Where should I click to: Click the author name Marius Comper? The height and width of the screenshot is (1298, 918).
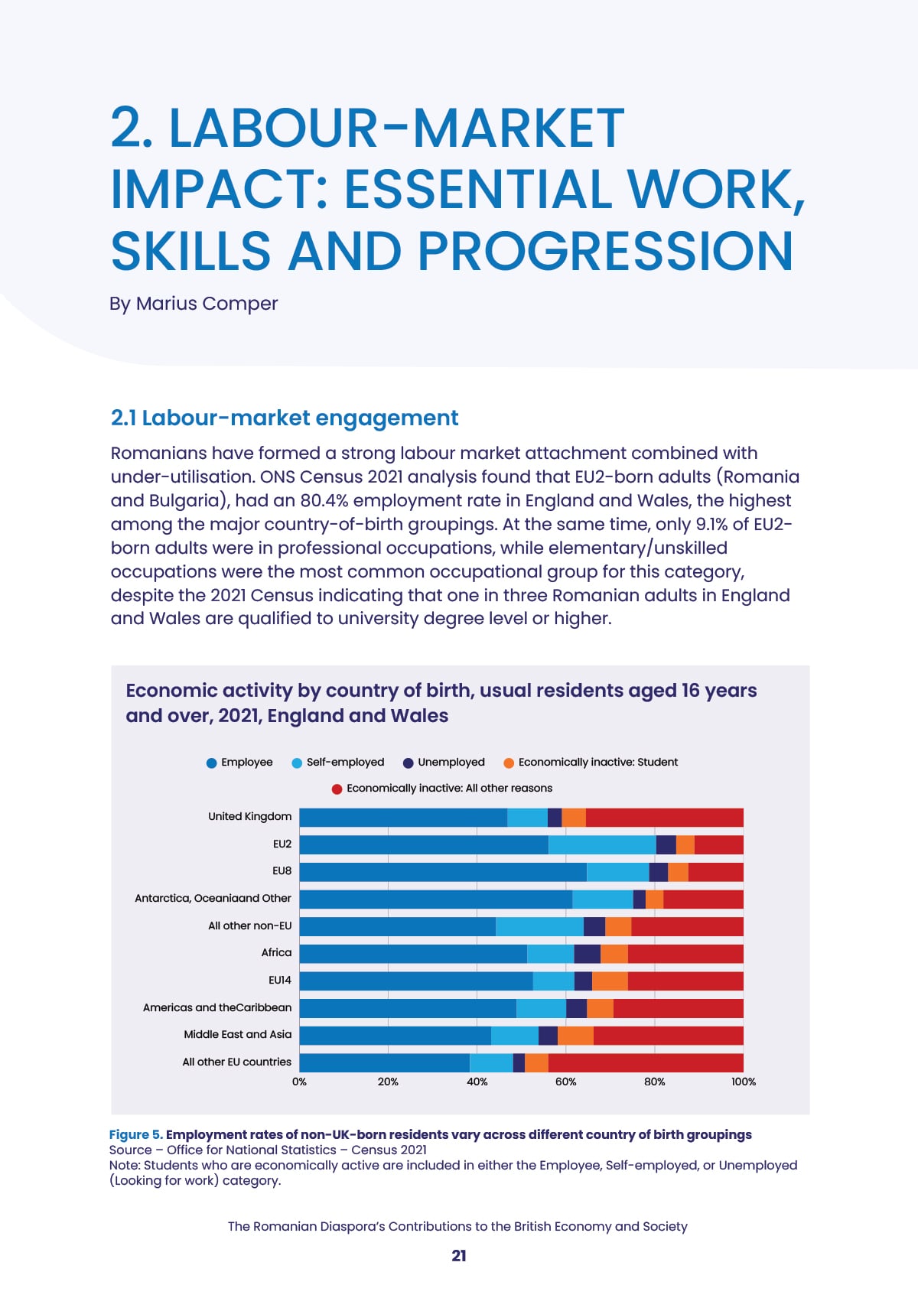point(207,304)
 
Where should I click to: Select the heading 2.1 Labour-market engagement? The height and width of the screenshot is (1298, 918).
point(285,418)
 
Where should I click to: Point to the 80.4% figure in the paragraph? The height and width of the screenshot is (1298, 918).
point(325,500)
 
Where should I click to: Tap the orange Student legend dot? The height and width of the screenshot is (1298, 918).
point(509,763)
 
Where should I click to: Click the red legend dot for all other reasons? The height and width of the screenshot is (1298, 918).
point(337,789)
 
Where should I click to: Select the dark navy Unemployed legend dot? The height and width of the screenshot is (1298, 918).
point(408,763)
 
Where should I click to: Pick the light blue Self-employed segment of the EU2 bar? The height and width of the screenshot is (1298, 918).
point(602,845)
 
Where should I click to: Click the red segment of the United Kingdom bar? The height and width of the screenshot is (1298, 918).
point(665,817)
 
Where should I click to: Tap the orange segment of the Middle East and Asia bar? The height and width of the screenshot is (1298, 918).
point(575,1036)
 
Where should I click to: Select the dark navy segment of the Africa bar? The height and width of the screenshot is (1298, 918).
point(587,954)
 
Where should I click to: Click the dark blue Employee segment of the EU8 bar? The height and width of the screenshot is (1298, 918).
point(443,872)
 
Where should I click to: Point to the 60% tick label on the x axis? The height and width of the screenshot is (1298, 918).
point(565,1082)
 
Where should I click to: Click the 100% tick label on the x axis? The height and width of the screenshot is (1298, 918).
point(744,1082)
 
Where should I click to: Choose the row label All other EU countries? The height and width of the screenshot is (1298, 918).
point(237,1062)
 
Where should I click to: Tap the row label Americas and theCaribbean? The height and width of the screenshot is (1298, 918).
point(217,1007)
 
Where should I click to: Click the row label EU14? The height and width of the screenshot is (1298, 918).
point(280,981)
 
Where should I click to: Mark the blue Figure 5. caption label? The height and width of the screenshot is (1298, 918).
point(136,1134)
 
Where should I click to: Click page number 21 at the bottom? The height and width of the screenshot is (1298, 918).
point(459,1256)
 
